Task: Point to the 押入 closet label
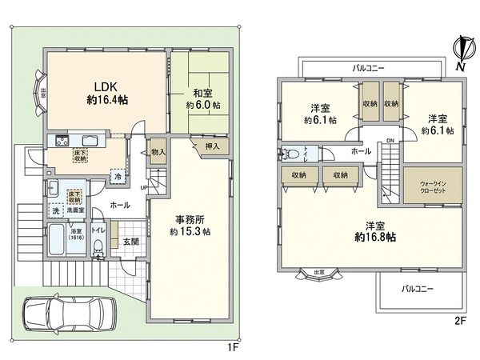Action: coord(214,146)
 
